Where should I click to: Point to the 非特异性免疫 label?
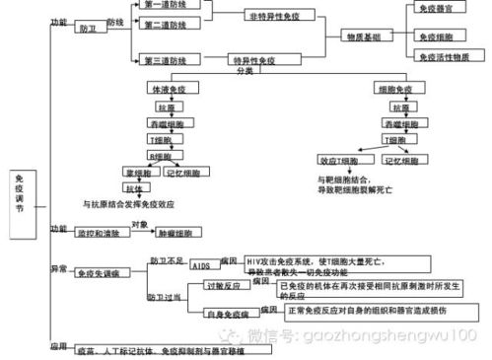click(x=272, y=17)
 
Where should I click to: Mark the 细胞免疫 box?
click(x=400, y=89)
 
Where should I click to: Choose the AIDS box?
click(x=201, y=266)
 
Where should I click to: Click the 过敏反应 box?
click(x=222, y=287)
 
